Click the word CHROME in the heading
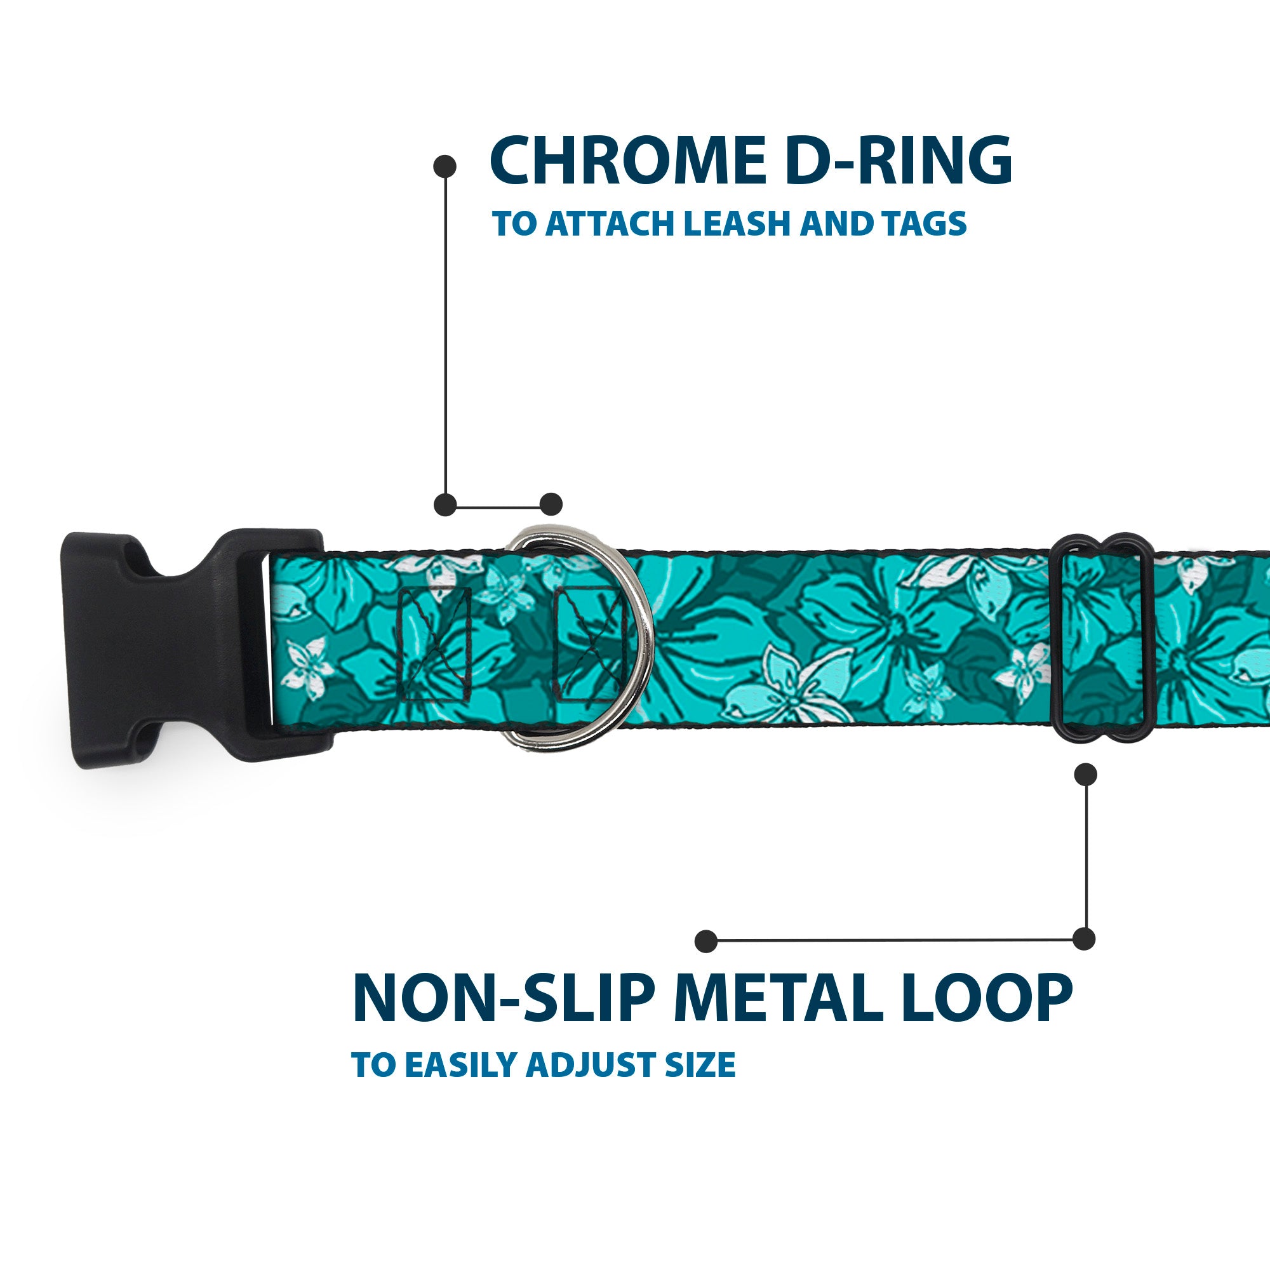coord(627,161)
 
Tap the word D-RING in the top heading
coord(898,161)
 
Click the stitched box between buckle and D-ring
coord(434,643)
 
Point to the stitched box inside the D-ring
coord(589,643)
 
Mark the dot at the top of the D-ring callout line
coord(445,166)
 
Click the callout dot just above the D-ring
coord(551,504)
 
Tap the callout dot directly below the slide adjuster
coord(1085,774)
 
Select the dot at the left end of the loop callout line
coord(706,940)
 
